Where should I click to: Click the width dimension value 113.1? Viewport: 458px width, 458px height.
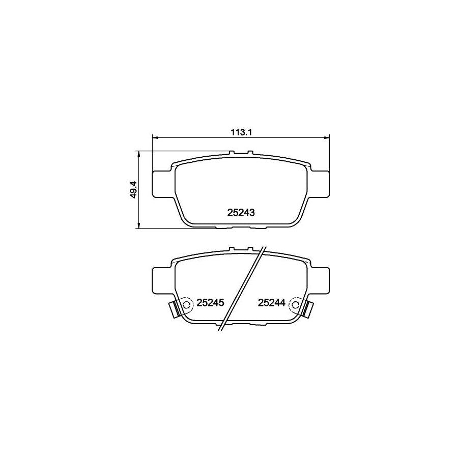[241, 132]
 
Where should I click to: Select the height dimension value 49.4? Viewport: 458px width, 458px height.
[133, 189]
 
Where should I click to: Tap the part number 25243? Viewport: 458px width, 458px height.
[240, 213]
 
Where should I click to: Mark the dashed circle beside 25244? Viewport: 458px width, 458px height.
[295, 304]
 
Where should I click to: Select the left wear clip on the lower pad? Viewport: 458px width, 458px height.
[174, 308]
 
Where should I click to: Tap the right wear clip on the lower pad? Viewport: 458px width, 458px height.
[308, 308]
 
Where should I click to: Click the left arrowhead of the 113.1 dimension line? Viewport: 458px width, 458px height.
[156, 137]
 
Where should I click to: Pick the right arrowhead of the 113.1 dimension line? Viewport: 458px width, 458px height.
[327, 137]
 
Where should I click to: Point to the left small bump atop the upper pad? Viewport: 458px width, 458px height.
[232, 153]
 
